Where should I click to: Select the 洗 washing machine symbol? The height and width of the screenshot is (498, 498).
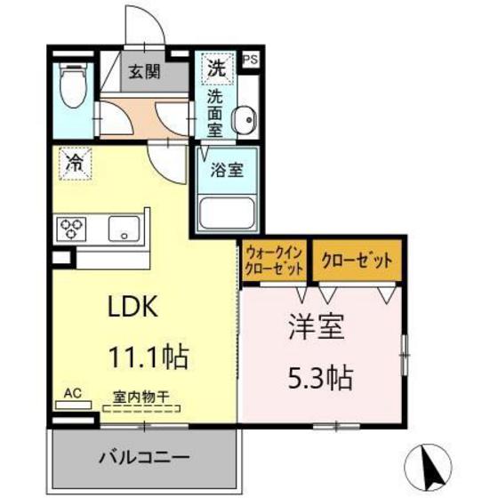tap(216, 65)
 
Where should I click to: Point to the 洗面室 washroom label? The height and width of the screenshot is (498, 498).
tap(216, 109)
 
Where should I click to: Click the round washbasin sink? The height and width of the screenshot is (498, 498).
tap(245, 116)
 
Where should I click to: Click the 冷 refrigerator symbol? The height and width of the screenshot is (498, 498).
tap(75, 163)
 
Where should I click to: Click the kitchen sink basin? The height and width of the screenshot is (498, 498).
tap(124, 229)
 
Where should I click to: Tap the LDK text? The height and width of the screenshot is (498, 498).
tap(133, 308)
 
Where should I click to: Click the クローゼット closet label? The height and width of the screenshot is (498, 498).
tap(355, 261)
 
